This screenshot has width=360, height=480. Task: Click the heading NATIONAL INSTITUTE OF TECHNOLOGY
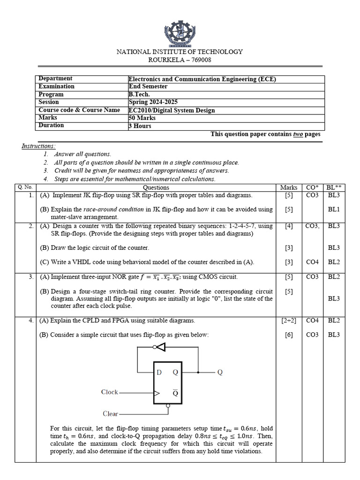(180, 52)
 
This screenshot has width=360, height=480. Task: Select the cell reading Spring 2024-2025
(153, 102)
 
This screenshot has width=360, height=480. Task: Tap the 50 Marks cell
(142, 118)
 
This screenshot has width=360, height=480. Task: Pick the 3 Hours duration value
(140, 126)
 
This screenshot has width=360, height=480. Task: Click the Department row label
(55, 79)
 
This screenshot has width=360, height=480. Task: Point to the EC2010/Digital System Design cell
(172, 110)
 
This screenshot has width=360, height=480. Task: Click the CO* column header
(312, 187)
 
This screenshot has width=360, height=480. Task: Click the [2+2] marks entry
(289, 321)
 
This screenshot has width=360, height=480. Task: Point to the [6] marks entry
(289, 335)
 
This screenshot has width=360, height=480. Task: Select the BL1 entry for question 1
(334, 209)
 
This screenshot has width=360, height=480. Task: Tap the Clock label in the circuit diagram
(110, 392)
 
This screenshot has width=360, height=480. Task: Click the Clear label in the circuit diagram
(111, 414)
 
